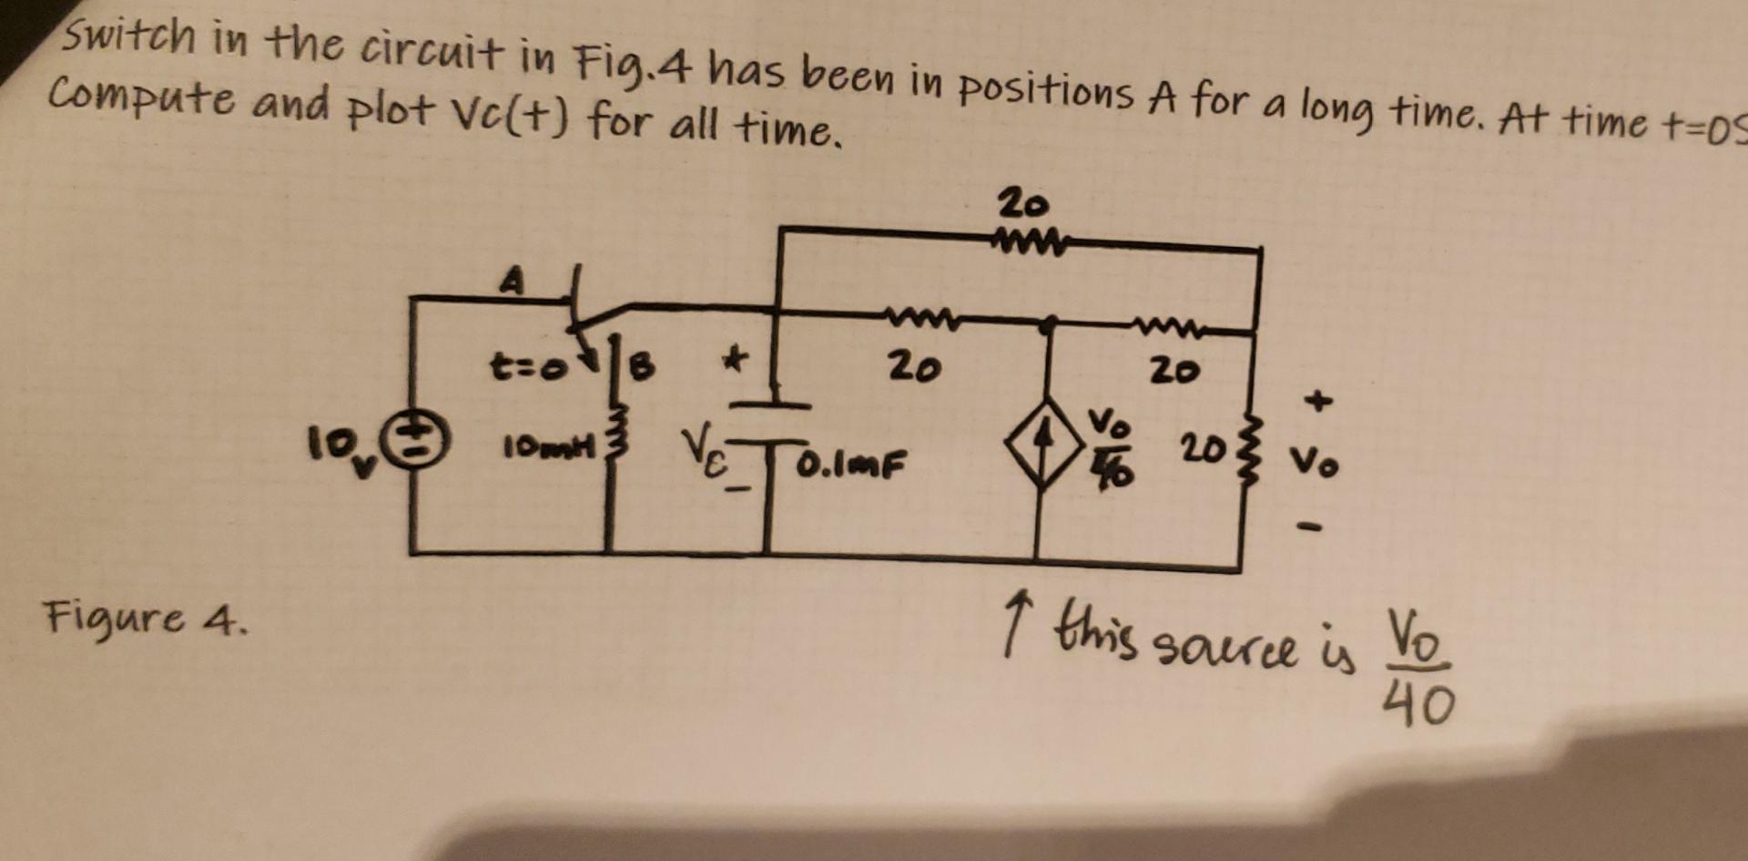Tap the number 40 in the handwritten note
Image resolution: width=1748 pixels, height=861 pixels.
[1418, 704]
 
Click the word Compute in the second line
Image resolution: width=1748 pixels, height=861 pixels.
[143, 98]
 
